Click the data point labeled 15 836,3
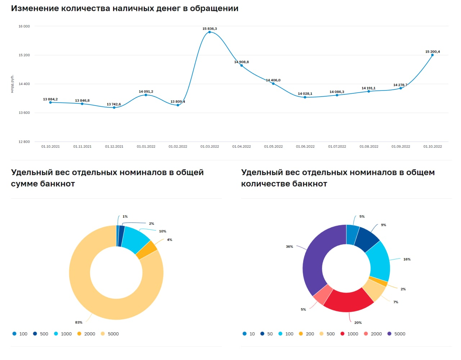click(210, 32)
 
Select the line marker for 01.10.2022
click(433, 55)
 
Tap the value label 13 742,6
click(114, 104)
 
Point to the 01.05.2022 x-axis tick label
click(273, 147)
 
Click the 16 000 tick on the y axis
click(24, 26)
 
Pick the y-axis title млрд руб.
click(12, 84)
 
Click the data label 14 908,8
click(241, 62)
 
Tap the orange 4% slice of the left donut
click(147, 250)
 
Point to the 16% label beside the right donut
click(407, 259)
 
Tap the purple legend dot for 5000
click(389, 334)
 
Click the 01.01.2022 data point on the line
click(146, 95)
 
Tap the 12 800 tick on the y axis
click(24, 142)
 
